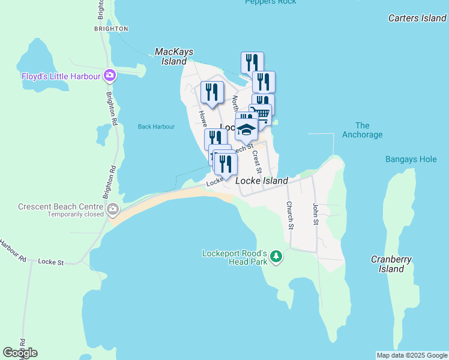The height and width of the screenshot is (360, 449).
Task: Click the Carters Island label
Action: (417, 18)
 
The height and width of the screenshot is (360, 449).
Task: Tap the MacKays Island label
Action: (174, 56)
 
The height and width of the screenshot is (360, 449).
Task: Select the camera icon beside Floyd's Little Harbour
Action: (110, 76)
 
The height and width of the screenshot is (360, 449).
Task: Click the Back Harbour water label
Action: (156, 127)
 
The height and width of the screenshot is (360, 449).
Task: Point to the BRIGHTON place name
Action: (112, 29)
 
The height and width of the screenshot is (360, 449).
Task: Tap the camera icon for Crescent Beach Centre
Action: (112, 209)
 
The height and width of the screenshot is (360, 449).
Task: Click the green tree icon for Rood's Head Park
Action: (276, 257)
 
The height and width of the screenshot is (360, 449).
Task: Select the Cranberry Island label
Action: (391, 264)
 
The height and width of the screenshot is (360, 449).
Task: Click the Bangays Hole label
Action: (411, 160)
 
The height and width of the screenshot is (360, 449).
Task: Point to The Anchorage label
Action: (362, 130)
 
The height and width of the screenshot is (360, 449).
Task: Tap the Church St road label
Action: (289, 216)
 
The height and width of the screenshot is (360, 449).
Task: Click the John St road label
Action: (315, 214)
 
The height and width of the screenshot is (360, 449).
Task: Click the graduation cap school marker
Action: (246, 129)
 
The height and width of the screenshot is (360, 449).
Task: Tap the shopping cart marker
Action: (261, 113)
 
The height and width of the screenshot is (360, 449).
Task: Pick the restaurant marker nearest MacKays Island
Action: (212, 92)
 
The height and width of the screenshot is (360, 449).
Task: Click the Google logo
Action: (20, 353)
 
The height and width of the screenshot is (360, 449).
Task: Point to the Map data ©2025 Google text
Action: (411, 355)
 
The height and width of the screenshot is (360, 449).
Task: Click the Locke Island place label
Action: (262, 181)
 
